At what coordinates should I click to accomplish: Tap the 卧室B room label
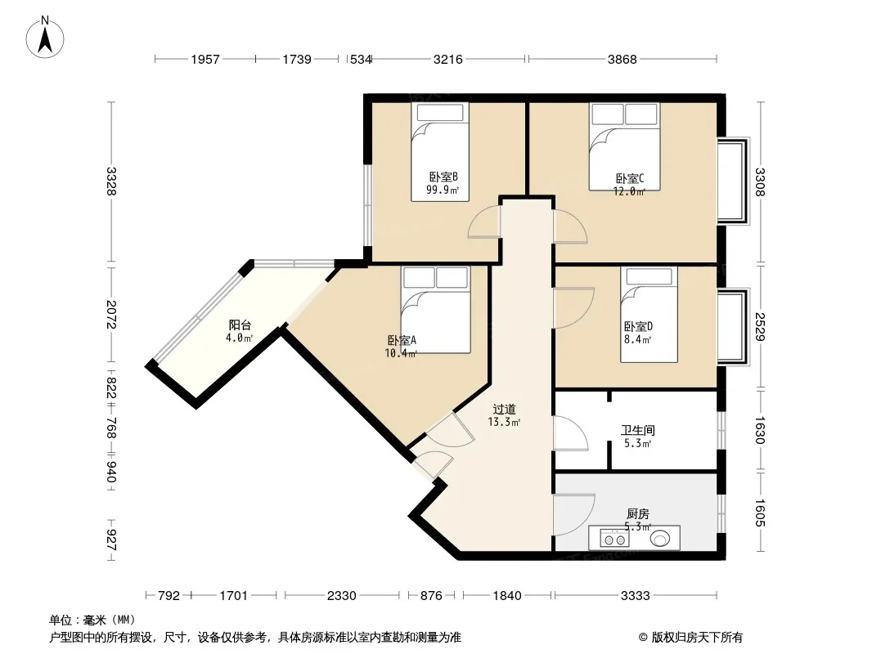tap(443, 177)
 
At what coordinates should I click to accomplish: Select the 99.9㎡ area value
tap(443, 190)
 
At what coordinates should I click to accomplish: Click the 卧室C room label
tap(630, 179)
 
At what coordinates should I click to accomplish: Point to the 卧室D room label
tap(638, 327)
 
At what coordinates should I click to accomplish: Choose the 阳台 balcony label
tap(240, 325)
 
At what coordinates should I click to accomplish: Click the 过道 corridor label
tap(505, 410)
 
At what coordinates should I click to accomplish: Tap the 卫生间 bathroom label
tap(638, 430)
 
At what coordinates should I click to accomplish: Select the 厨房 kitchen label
tap(638, 514)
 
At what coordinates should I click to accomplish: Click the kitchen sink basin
tap(660, 539)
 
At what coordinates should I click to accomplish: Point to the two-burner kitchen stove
tap(614, 539)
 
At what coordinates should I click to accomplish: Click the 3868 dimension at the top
tap(622, 59)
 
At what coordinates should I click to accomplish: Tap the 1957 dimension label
tap(205, 59)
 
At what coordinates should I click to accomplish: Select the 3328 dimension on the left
tap(111, 181)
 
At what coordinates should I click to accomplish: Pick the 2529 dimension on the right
tap(760, 327)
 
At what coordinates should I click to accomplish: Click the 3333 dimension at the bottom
tap(635, 596)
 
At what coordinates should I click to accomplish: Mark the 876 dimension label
tap(431, 596)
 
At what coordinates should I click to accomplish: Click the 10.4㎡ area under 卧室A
tap(400, 353)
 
